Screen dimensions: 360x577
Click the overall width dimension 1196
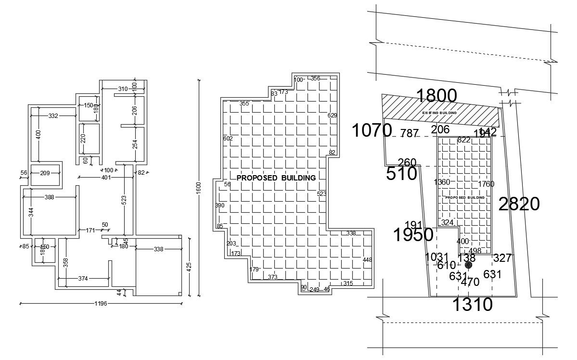click(x=101, y=304)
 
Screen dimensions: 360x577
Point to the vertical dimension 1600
click(x=198, y=189)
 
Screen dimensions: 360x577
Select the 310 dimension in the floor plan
click(x=123, y=89)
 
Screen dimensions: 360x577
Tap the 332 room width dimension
click(x=53, y=116)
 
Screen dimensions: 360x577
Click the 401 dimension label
click(x=106, y=178)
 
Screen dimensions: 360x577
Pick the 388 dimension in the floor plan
click(x=50, y=197)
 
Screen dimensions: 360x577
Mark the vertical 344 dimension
click(x=31, y=212)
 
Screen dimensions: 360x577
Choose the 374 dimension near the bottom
click(x=83, y=278)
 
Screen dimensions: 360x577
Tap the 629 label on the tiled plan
click(x=332, y=116)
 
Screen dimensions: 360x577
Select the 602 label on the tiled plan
click(x=228, y=139)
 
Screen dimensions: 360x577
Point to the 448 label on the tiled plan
click(x=367, y=260)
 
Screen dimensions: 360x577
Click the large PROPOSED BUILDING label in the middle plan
click(x=276, y=178)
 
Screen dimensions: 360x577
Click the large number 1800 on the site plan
click(x=436, y=96)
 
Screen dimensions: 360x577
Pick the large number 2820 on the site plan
click(x=519, y=205)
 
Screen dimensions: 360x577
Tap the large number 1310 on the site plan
click(x=472, y=305)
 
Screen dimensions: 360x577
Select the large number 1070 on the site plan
click(x=372, y=130)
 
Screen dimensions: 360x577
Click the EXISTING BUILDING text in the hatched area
click(x=439, y=113)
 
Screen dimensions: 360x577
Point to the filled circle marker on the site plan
click(x=469, y=265)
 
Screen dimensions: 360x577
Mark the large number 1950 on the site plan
click(x=413, y=235)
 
